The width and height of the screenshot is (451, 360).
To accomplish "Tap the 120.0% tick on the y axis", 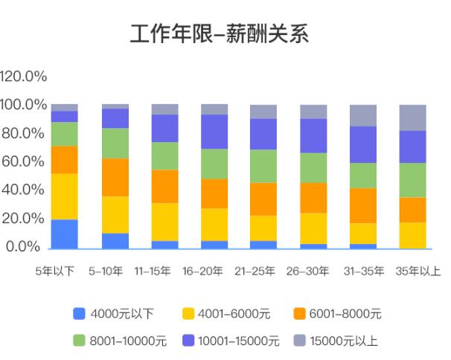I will tap(24, 77).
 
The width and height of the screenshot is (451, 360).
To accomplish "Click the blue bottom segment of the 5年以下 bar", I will tap(65, 234).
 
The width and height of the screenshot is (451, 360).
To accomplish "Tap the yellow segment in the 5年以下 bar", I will tap(65, 196).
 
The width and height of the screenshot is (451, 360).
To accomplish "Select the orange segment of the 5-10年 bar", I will tap(115, 177).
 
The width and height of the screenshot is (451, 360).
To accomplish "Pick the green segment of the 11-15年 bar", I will tap(164, 155).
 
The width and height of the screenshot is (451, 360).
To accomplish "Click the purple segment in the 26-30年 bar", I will tap(313, 135).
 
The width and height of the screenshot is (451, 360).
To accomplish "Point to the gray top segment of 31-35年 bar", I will tap(363, 115).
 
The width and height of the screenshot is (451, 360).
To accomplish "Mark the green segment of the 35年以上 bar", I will tap(412, 179).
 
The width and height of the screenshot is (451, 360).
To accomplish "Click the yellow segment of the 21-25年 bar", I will tap(263, 228).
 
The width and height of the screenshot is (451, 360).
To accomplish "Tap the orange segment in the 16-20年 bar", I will tap(214, 193).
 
